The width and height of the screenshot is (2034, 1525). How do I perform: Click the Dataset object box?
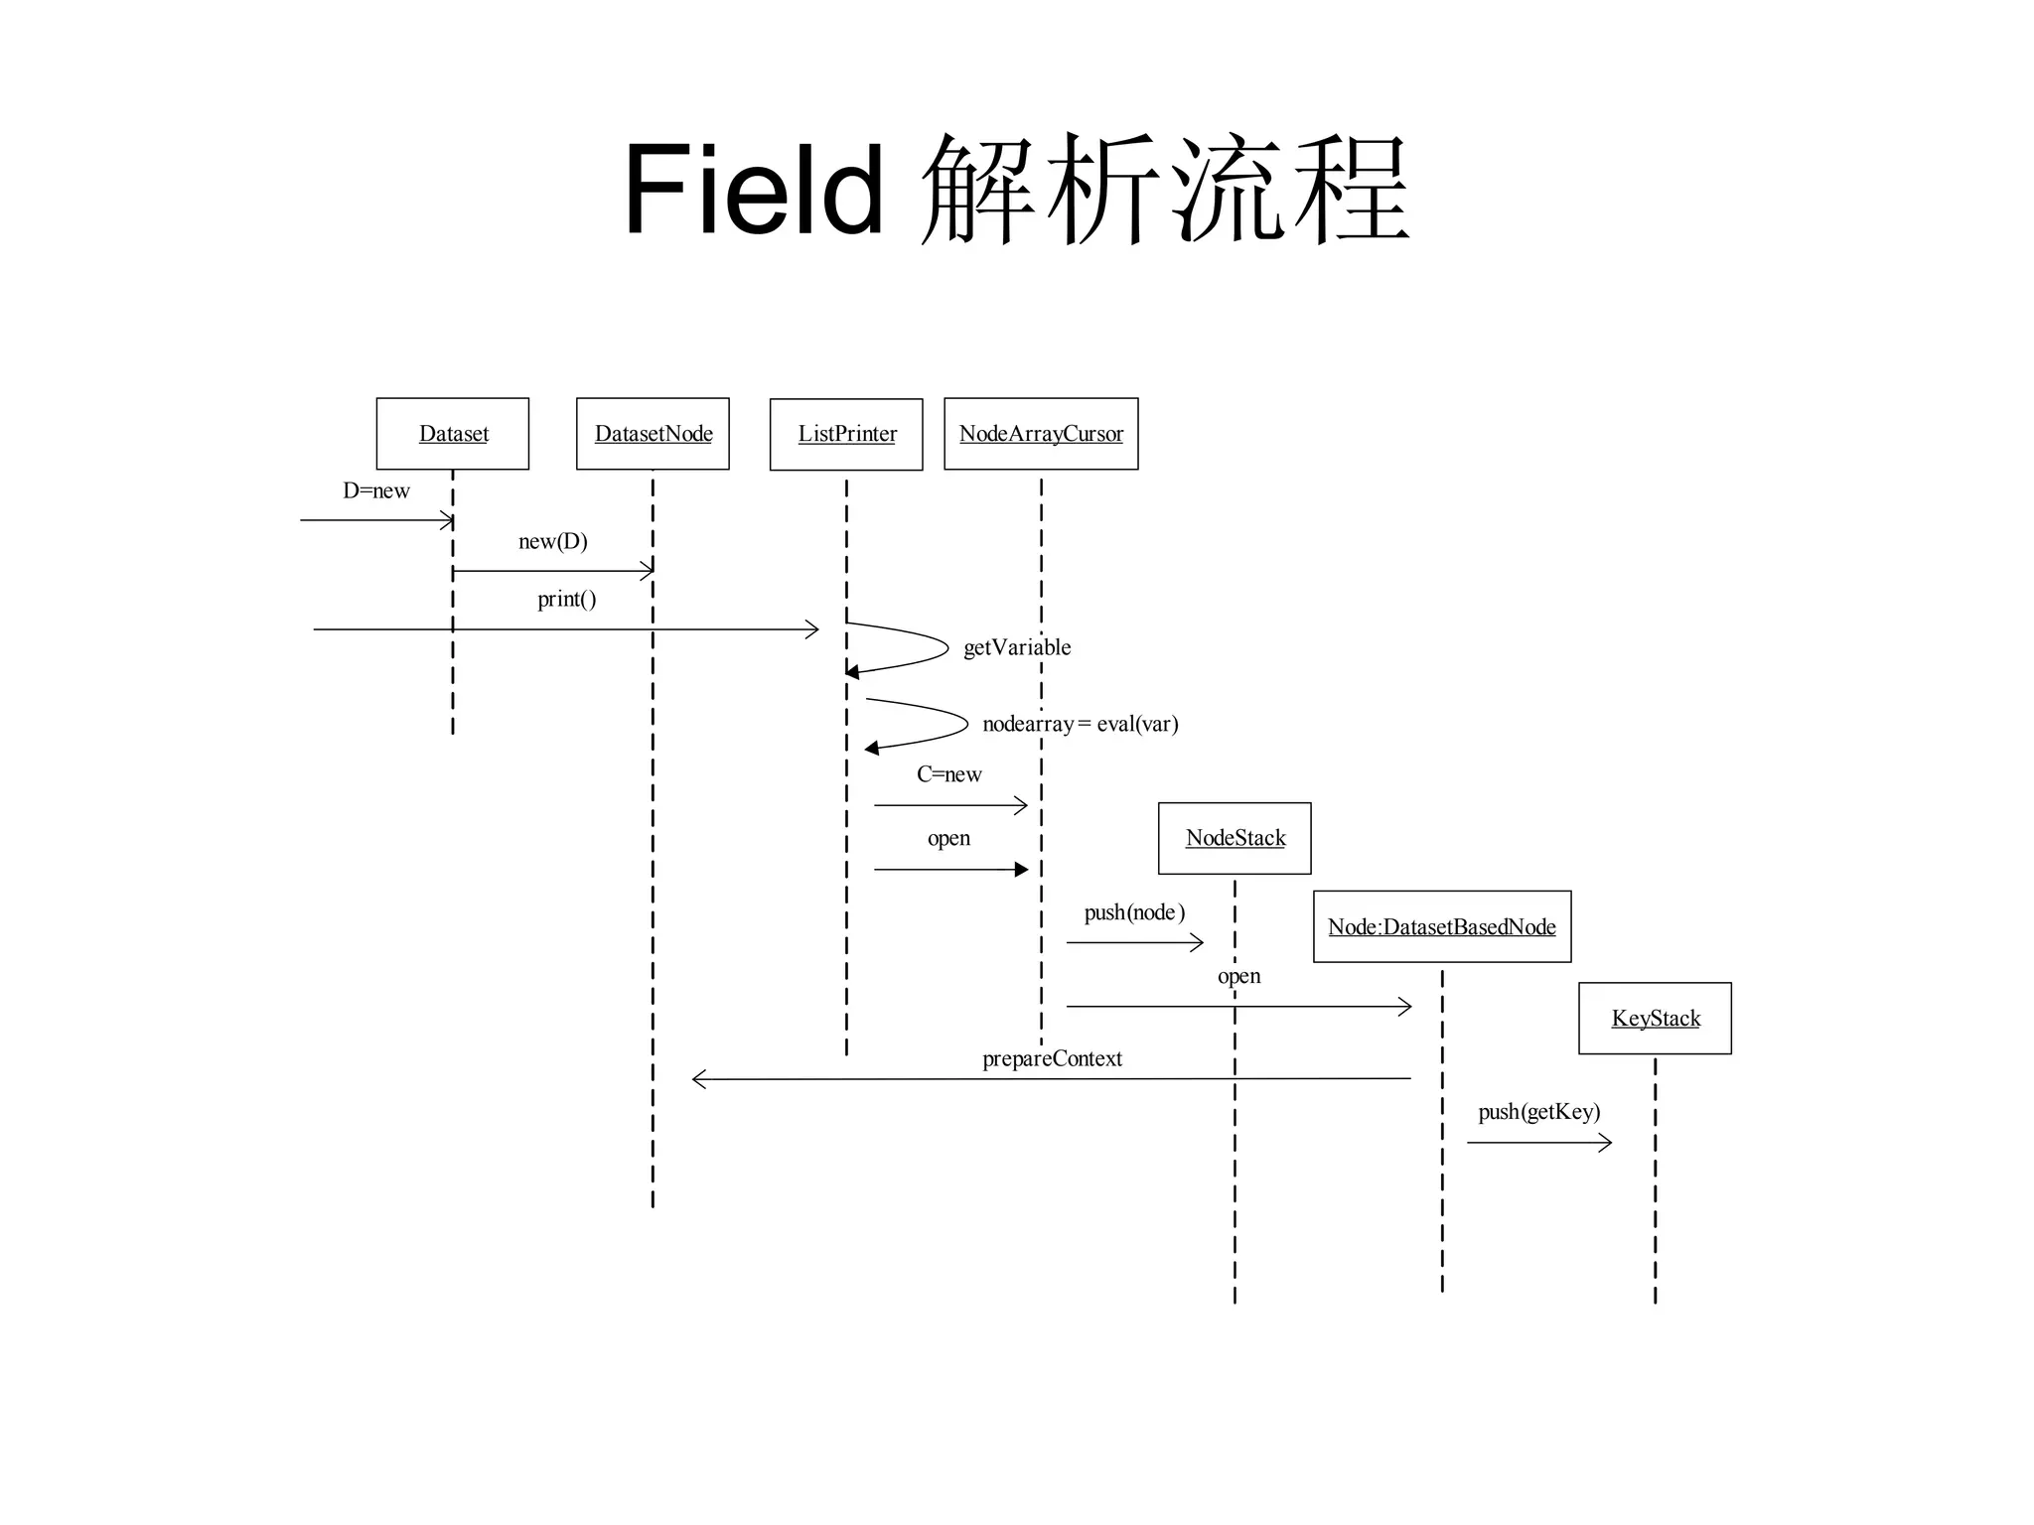[x=453, y=434]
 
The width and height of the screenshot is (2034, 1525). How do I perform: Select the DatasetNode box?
[x=653, y=434]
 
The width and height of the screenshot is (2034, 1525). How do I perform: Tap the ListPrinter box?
[x=846, y=434]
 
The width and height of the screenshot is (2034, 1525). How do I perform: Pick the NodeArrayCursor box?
[x=1041, y=434]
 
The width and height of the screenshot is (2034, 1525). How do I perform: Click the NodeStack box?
[x=1235, y=838]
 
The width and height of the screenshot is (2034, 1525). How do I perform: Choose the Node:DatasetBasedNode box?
[x=1442, y=926]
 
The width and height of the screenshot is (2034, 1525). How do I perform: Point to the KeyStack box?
[x=1655, y=1019]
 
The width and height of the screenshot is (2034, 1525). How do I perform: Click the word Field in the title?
[x=753, y=189]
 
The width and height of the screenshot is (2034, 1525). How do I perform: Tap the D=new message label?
[x=375, y=490]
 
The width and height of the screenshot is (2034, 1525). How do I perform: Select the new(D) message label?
[x=553, y=541]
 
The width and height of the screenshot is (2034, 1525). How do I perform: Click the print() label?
[x=566, y=599]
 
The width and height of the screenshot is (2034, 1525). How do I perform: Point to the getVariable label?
[x=1017, y=647]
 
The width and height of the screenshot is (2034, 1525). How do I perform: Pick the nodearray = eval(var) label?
[x=1080, y=724]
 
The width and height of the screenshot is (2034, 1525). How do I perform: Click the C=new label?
[x=948, y=774]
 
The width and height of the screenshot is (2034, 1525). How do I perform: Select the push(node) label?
[x=1134, y=912]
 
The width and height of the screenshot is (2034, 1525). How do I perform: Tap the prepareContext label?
[x=1052, y=1058]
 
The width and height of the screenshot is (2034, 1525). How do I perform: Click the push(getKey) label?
[x=1538, y=1112]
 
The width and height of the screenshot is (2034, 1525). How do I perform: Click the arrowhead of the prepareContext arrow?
[x=698, y=1079]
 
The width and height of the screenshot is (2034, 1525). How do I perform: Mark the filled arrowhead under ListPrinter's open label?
[x=1021, y=870]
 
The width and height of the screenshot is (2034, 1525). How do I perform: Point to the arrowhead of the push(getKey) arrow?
[x=1605, y=1143]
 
